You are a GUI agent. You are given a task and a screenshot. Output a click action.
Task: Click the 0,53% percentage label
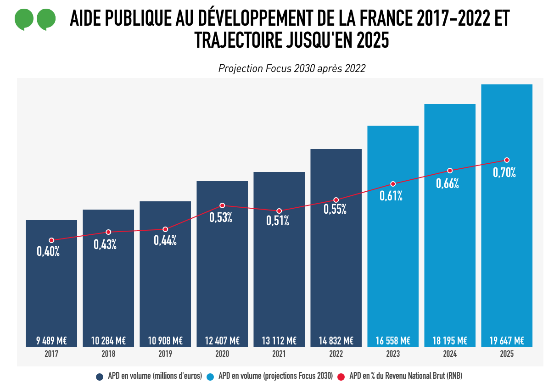click(221, 217)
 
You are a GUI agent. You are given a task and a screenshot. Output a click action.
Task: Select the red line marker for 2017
click(51, 240)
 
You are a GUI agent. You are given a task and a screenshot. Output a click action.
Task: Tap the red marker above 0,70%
click(507, 160)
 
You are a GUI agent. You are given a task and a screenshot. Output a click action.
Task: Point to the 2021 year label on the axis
click(279, 354)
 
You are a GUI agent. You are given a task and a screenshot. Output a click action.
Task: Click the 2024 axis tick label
click(450, 354)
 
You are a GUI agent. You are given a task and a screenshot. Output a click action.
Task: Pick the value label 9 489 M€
click(51, 341)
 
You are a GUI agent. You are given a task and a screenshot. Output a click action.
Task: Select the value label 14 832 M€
click(336, 341)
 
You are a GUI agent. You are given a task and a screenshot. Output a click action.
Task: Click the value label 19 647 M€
click(507, 341)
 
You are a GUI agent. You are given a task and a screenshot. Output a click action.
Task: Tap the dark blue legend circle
click(99, 377)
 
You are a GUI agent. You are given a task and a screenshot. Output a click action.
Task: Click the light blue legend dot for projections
click(210, 377)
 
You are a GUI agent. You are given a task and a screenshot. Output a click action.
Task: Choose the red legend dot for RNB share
click(341, 377)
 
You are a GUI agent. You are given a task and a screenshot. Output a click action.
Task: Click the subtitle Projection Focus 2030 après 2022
click(292, 69)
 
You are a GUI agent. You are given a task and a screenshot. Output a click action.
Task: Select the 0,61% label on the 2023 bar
click(391, 196)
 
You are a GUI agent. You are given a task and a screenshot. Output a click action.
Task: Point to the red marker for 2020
click(222, 205)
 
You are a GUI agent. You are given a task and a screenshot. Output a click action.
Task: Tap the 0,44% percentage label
click(165, 240)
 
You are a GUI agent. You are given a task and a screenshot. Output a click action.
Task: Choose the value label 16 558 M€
click(393, 341)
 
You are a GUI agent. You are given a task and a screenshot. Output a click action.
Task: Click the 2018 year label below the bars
click(108, 354)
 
